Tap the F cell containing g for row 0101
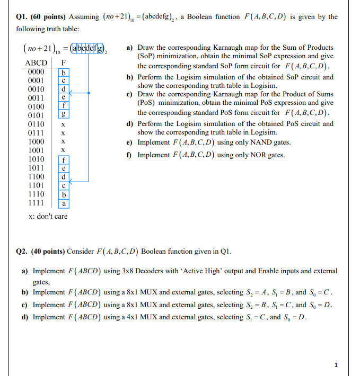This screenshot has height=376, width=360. coord(63,115)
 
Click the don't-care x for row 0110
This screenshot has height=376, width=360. coord(63,124)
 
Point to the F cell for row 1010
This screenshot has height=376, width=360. coord(63,159)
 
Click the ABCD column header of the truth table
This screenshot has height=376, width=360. coord(36,62)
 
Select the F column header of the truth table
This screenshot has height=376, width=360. coord(63,62)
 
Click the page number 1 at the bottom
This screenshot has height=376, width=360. coord(336,365)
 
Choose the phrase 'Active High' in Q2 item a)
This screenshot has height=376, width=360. coord(196,271)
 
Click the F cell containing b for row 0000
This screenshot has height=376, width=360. coord(63,71)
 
